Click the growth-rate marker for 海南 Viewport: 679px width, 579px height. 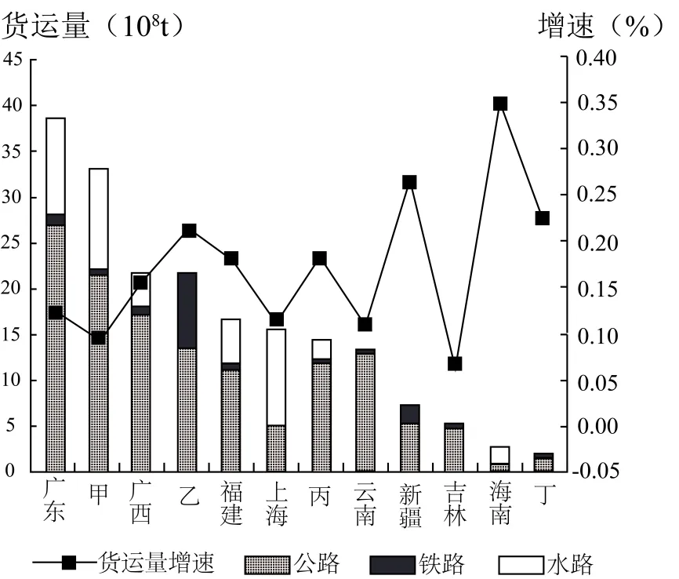[500, 104]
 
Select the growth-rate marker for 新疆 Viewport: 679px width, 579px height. [409, 182]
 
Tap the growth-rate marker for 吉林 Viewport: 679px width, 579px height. [455, 363]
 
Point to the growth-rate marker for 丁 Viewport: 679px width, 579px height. [543, 218]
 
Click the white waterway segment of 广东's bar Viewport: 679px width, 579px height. [56, 165]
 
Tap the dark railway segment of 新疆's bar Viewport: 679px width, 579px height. [410, 413]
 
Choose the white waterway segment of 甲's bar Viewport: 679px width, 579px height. [99, 218]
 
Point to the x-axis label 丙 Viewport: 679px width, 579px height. [320, 497]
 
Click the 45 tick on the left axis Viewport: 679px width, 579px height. [14, 59]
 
